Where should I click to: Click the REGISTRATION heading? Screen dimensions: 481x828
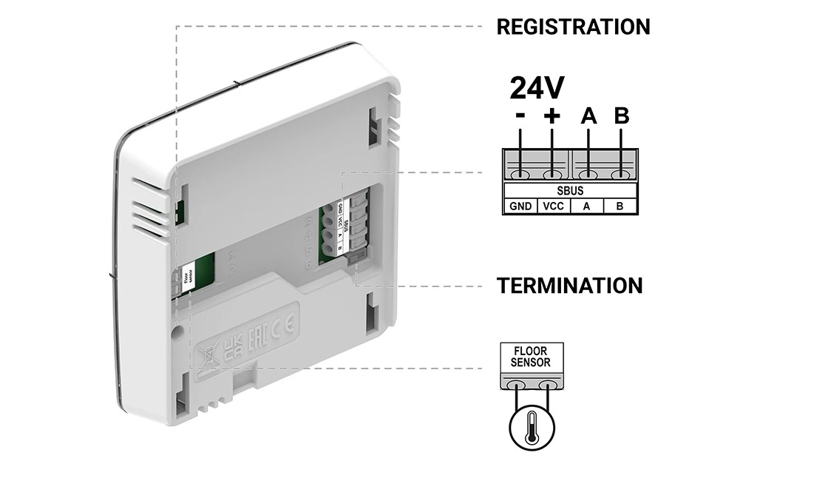click(x=573, y=27)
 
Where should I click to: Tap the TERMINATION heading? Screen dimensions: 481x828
click(x=569, y=286)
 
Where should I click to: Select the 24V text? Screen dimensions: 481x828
click(x=537, y=89)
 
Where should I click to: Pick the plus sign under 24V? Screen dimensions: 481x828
click(x=552, y=116)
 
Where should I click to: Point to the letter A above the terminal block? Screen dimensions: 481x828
click(x=588, y=116)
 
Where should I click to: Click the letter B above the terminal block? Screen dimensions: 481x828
click(x=622, y=116)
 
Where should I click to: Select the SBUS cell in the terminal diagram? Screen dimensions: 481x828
click(x=571, y=191)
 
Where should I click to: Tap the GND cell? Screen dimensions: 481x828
click(x=520, y=206)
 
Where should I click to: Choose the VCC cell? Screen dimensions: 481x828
click(x=553, y=206)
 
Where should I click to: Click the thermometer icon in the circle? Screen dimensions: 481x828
click(x=530, y=428)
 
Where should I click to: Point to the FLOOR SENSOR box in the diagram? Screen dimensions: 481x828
click(x=531, y=357)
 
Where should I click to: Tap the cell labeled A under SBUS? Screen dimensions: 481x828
click(x=586, y=206)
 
